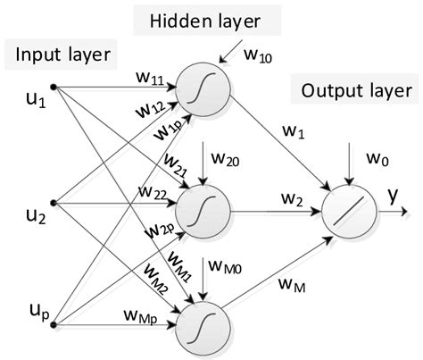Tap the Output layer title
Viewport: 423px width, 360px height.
tap(356, 90)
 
